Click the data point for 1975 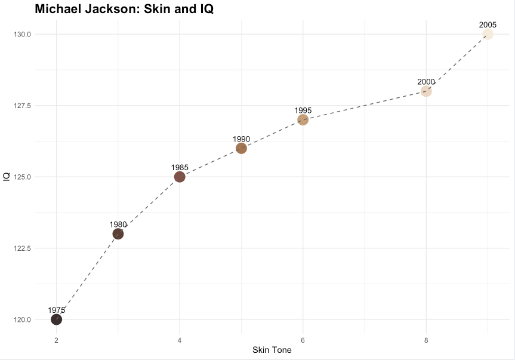56,319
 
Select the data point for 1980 118,233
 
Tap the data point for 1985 180,177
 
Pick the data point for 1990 241,148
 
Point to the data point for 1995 303,119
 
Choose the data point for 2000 426,91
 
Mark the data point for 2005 488,34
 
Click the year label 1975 57,310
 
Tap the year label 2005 488,24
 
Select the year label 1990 241,139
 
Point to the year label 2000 426,82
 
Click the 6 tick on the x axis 303,340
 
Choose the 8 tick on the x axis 426,340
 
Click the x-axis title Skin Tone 272,350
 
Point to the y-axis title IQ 7,177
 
